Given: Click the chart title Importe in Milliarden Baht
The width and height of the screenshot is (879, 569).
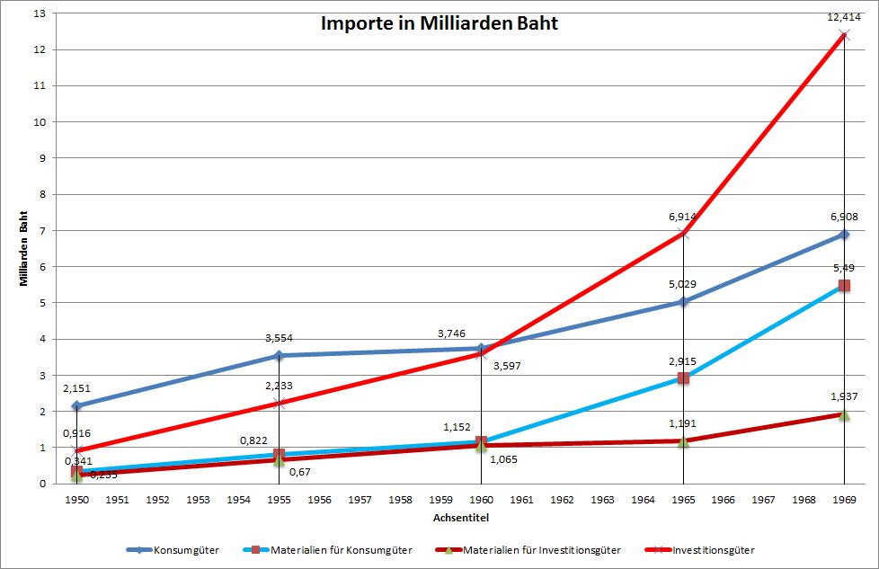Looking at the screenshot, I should point(439,23).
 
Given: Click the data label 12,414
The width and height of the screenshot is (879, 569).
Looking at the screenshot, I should point(843,17).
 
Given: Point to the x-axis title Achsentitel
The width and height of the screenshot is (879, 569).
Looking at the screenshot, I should point(459,517).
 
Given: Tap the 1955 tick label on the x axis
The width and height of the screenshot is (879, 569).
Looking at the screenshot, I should point(279,499).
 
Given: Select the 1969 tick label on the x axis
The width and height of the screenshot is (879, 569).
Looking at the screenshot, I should point(843,499).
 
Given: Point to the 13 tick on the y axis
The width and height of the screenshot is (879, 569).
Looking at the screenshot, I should point(38,13).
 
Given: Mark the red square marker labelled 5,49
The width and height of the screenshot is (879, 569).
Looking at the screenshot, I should point(843,286).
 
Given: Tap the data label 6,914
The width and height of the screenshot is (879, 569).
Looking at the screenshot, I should point(682,217).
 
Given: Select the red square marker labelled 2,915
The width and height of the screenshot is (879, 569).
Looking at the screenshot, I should point(683,378).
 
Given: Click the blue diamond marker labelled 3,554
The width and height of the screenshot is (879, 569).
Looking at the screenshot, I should point(279,356).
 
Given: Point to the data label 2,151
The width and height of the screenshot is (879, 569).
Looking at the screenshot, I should point(75,388).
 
